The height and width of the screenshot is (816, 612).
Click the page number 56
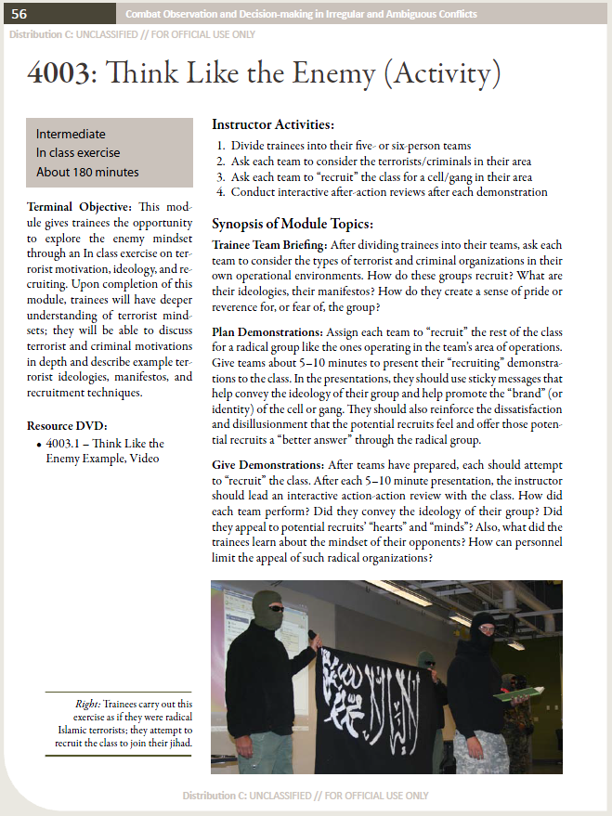[x=19, y=14]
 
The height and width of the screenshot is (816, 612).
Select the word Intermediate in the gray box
[x=71, y=134]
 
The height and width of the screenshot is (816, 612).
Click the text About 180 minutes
[x=87, y=172]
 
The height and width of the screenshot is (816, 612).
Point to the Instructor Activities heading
[x=273, y=124]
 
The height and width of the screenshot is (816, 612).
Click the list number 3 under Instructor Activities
[x=220, y=177]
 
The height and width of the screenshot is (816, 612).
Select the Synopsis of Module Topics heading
[x=293, y=224]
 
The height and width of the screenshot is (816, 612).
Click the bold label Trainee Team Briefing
[x=268, y=244]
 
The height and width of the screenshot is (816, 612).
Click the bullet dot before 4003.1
[x=36, y=445]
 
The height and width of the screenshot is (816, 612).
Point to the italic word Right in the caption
[x=87, y=705]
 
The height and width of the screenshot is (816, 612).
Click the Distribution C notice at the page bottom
[x=306, y=796]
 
